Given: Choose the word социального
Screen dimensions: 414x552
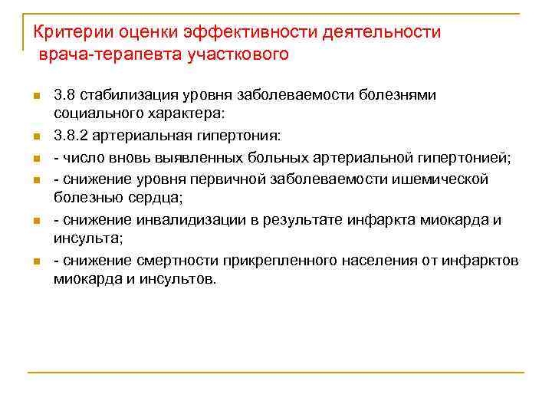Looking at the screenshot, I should pos(94,113).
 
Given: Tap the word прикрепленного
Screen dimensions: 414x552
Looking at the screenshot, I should pos(273,261).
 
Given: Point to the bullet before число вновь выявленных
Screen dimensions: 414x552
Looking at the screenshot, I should pos(35,159).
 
